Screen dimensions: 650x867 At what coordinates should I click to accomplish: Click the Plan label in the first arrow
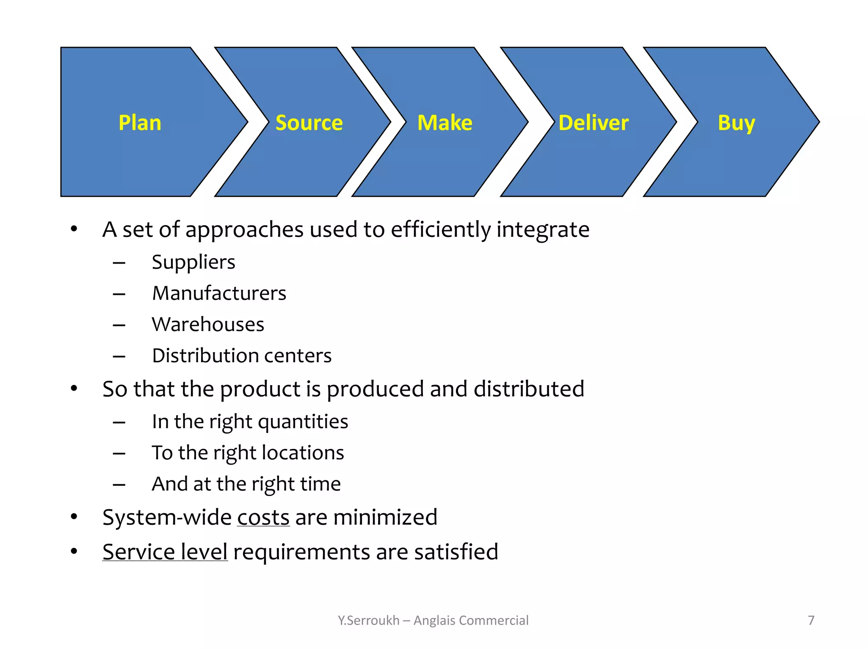(x=140, y=123)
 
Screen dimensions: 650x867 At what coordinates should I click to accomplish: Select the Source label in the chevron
(x=309, y=123)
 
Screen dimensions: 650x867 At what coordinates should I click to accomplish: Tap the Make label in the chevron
(x=445, y=123)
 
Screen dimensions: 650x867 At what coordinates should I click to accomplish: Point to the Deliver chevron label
(x=593, y=123)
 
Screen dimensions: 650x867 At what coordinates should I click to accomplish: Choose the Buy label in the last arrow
(x=736, y=124)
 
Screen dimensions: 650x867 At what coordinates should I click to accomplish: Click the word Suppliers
(x=193, y=262)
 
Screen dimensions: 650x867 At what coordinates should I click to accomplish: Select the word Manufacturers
(x=219, y=293)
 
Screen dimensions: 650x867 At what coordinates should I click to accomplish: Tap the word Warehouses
(x=208, y=325)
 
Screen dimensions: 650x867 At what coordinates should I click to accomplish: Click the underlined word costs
(x=263, y=518)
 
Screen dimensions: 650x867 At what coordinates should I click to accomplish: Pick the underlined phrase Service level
(x=165, y=552)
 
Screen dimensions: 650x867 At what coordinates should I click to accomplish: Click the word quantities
(x=303, y=422)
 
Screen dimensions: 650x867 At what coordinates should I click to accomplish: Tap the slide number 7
(x=811, y=620)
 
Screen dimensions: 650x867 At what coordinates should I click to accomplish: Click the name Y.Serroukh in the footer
(x=368, y=620)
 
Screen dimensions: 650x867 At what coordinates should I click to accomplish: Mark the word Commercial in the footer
(x=494, y=620)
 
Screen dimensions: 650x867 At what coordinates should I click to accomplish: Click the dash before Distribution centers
(x=119, y=356)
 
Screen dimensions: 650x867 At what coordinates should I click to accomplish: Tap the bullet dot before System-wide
(x=74, y=517)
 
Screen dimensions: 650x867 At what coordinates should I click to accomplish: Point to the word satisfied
(x=456, y=552)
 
